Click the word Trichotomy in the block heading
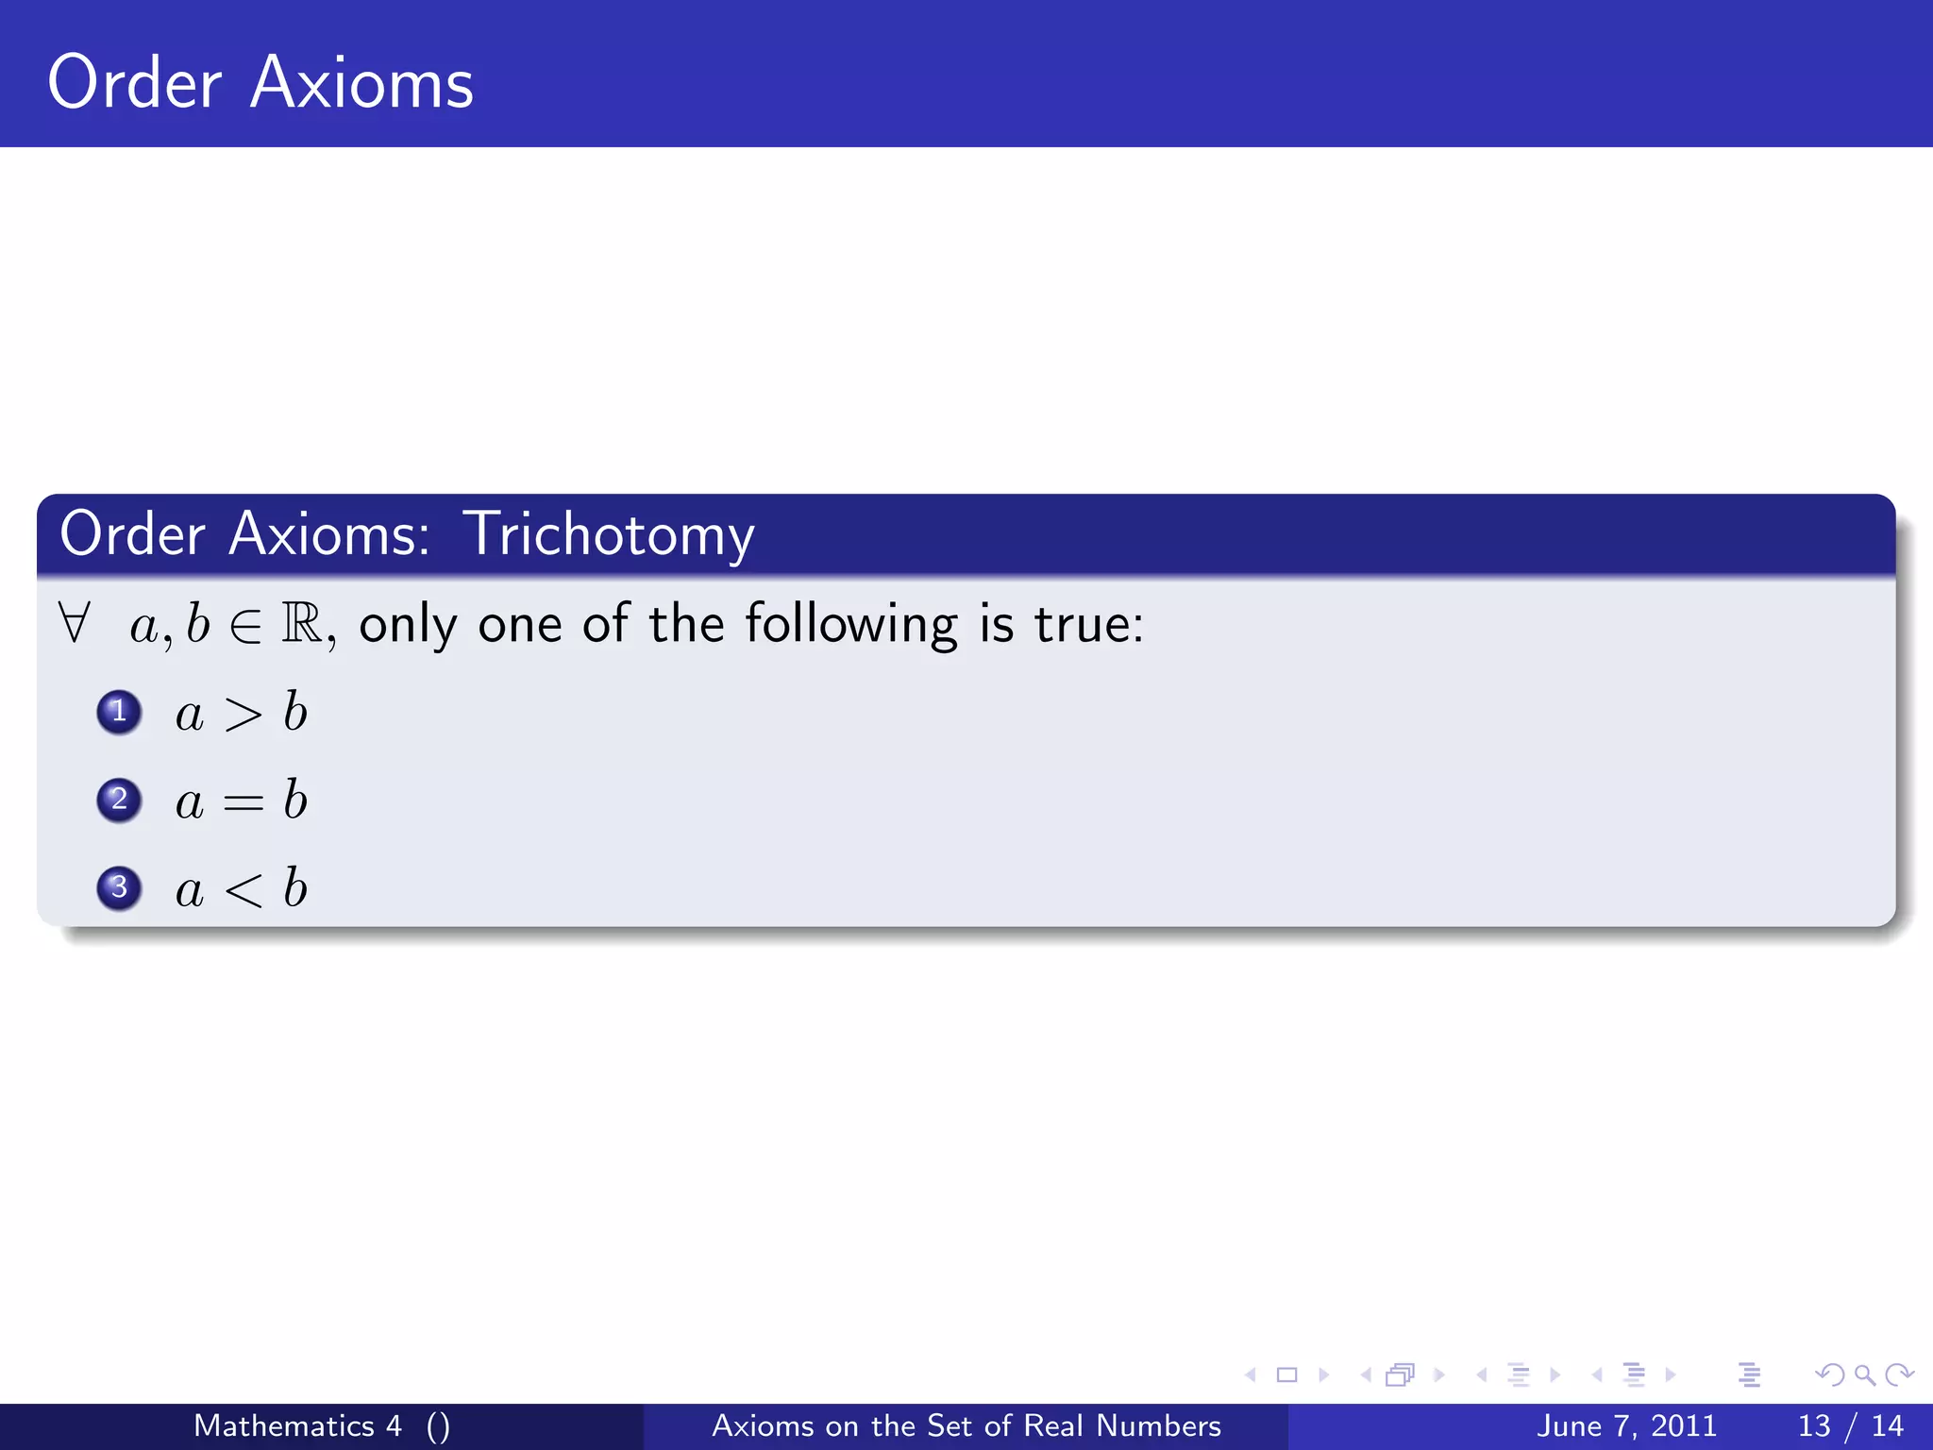609,535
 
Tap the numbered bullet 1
119,712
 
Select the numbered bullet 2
119,800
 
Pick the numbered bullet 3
119,887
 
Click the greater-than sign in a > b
243,715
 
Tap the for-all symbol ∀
74,623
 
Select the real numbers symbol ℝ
302,623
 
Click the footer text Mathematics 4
297,1425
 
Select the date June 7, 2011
1626,1425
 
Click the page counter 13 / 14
1850,1425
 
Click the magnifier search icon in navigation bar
1865,1374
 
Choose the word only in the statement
408,625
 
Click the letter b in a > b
295,712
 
